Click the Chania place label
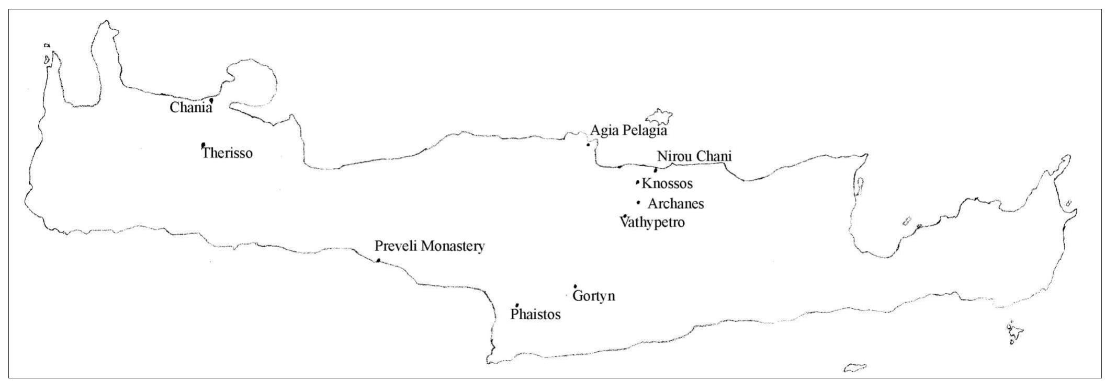pyautogui.click(x=191, y=108)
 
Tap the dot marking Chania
pyautogui.click(x=211, y=100)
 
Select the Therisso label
pyautogui.click(x=228, y=153)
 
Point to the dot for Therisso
pyautogui.click(x=203, y=145)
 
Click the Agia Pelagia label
pyautogui.click(x=628, y=130)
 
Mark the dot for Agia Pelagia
pyautogui.click(x=589, y=145)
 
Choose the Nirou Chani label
pyautogui.click(x=694, y=156)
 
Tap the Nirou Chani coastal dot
pyautogui.click(x=656, y=170)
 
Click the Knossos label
pyautogui.click(x=667, y=183)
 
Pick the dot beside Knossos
pyautogui.click(x=637, y=182)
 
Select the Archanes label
pyautogui.click(x=675, y=203)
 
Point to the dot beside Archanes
pyautogui.click(x=638, y=202)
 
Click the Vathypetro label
pyautogui.click(x=652, y=223)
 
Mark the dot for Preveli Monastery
pyautogui.click(x=378, y=260)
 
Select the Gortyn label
pyautogui.click(x=594, y=296)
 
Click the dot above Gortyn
pyautogui.click(x=575, y=286)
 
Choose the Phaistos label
pyautogui.click(x=535, y=315)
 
